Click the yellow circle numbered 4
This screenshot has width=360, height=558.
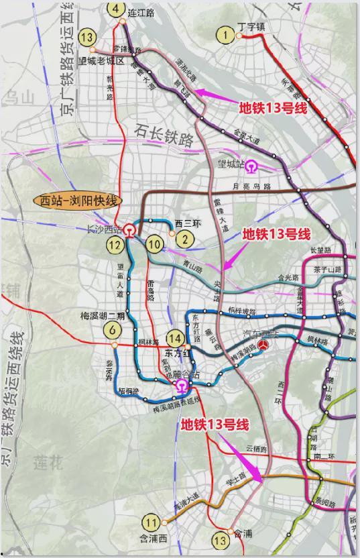click(x=117, y=9)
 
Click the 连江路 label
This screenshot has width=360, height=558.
click(x=141, y=12)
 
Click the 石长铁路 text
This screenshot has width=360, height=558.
click(x=164, y=134)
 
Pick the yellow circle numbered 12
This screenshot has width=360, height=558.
click(x=115, y=245)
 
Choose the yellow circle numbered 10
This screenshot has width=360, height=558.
click(x=155, y=245)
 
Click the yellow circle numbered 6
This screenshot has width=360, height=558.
click(x=113, y=330)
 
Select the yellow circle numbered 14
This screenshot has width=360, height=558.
click(x=176, y=339)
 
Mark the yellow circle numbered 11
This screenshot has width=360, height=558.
click(x=152, y=523)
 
